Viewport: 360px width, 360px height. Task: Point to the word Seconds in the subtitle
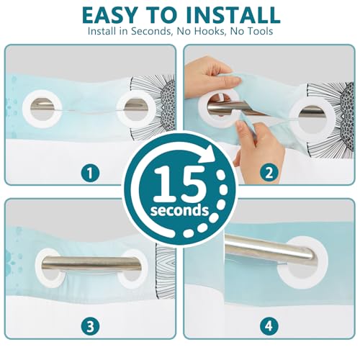[x=152, y=31]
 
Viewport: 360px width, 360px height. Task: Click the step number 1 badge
[x=90, y=173]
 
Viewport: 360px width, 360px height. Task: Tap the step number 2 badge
[x=269, y=173]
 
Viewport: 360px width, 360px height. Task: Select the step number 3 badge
[x=90, y=326]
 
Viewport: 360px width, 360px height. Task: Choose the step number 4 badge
[x=269, y=326]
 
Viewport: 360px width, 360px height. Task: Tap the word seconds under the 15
[x=179, y=210]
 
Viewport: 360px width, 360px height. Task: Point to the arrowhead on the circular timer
[x=208, y=153]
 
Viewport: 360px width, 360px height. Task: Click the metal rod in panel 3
[x=91, y=264]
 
